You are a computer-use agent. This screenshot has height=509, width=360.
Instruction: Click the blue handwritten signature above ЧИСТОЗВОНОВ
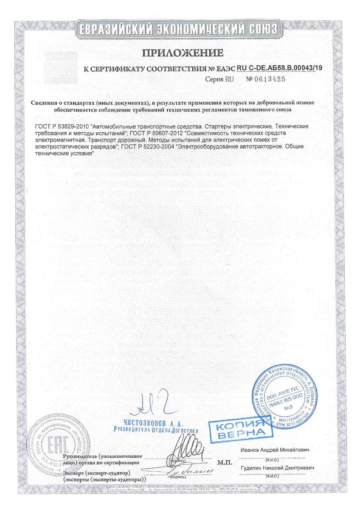pos(152,405)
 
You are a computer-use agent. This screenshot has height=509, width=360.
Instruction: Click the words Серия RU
pos(220,79)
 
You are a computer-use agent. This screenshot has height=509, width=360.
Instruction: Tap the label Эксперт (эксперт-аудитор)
pos(96,472)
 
